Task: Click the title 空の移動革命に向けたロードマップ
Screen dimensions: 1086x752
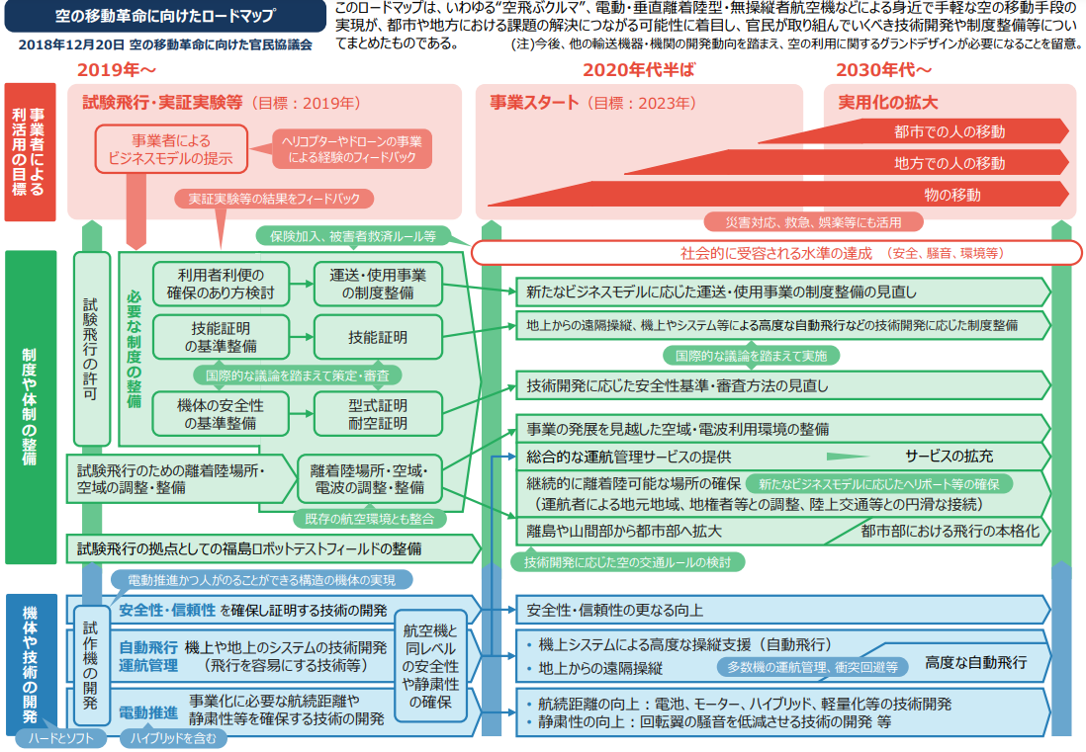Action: click(x=165, y=15)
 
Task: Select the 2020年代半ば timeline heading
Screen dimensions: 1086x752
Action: click(x=638, y=70)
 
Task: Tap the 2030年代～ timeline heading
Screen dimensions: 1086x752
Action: click(x=883, y=70)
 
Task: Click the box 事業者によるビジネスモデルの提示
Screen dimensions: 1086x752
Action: click(x=170, y=149)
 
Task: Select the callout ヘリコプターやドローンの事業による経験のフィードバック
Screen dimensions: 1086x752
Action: click(x=352, y=149)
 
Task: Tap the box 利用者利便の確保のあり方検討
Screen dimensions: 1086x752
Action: click(x=221, y=284)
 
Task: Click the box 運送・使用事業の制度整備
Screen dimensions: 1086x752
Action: click(x=378, y=284)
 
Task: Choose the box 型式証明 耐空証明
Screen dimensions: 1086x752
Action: click(x=378, y=414)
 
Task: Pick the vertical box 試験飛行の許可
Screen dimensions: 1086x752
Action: click(x=91, y=349)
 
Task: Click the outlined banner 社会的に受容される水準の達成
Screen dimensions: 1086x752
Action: click(x=775, y=253)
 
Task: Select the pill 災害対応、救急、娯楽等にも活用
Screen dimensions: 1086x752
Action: click(x=813, y=222)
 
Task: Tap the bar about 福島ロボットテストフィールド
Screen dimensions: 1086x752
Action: click(x=273, y=548)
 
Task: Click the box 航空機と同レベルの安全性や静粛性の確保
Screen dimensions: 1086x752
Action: click(x=430, y=666)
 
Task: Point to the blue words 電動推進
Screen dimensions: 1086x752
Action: click(x=148, y=712)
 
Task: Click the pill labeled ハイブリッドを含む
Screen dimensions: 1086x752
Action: click(x=173, y=739)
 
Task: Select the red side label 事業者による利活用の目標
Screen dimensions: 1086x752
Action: click(x=30, y=152)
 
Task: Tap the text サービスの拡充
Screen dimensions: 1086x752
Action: click(x=949, y=457)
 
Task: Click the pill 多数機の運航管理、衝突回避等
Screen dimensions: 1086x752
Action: click(x=812, y=667)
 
